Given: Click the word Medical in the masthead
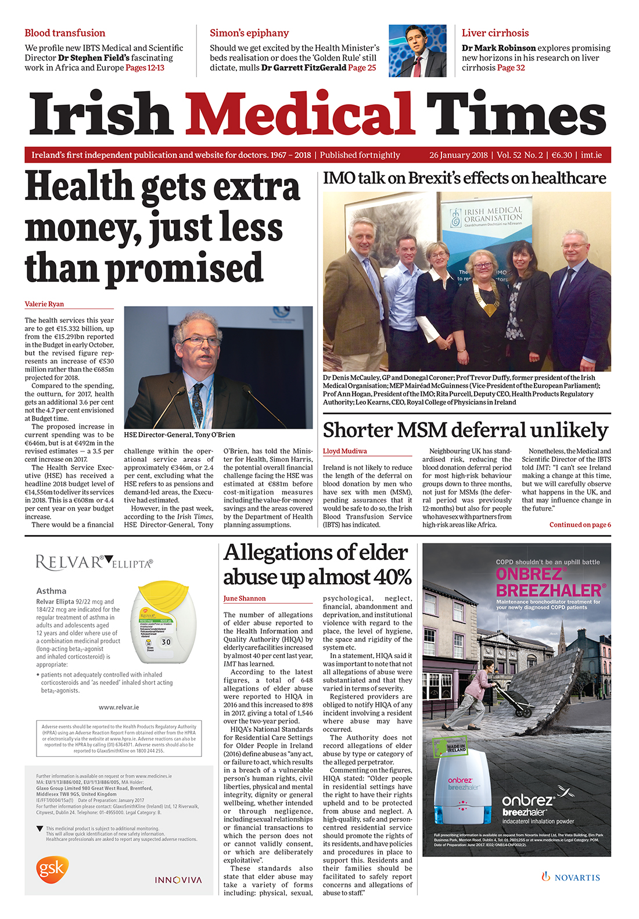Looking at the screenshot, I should (299, 115).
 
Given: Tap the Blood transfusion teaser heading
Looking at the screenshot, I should (65, 33).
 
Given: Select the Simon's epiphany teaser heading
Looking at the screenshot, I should (249, 33).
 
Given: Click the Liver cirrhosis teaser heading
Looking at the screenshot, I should (495, 33).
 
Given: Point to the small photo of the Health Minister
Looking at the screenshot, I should (417, 51).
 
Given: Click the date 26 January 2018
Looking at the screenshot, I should (458, 155).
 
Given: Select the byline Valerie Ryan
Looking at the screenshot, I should (44, 304).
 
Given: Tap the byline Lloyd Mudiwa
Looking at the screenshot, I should (344, 451).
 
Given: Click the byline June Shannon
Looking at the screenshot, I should (245, 598).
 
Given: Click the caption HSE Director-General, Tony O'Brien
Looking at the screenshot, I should (180, 435).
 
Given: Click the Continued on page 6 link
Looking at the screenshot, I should (580, 525).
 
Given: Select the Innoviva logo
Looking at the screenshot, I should (178, 880).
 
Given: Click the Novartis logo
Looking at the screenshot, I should (570, 877).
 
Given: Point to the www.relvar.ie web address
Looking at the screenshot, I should (119, 707).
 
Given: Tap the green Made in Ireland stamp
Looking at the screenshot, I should (450, 746).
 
